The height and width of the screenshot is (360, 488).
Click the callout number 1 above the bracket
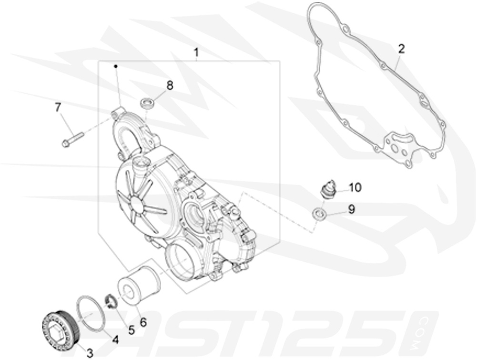click(x=195, y=52)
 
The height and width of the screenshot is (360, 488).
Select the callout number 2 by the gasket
click(x=401, y=48)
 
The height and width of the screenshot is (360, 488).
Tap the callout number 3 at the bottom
click(x=90, y=352)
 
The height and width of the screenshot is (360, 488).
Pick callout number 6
click(x=143, y=322)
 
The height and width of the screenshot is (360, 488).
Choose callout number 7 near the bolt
click(x=58, y=107)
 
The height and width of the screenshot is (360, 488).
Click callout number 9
click(x=351, y=209)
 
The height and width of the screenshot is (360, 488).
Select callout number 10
click(x=355, y=187)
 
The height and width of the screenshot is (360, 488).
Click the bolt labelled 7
click(x=72, y=138)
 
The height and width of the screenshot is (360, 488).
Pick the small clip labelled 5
click(x=111, y=301)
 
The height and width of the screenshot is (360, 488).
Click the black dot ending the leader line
click(x=116, y=66)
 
